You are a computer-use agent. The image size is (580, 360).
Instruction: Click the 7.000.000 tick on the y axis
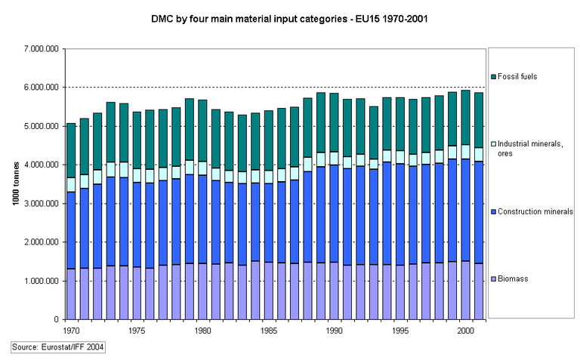pyautogui.click(x=38, y=49)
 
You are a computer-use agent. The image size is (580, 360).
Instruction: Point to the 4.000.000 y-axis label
pyautogui.click(x=38, y=165)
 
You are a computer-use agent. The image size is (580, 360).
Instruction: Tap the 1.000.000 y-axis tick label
pyautogui.click(x=38, y=281)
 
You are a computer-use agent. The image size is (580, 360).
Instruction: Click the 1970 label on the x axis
pyautogui.click(x=71, y=330)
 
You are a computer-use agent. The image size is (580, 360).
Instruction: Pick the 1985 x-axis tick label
pyautogui.click(x=267, y=330)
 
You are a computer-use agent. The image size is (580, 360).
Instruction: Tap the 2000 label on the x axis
pyautogui.click(x=464, y=330)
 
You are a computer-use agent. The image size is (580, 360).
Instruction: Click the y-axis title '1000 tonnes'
pyautogui.click(x=15, y=184)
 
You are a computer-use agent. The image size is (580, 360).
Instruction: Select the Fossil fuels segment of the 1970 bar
pyautogui.click(x=71, y=150)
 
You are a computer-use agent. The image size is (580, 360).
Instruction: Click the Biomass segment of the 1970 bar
pyautogui.click(x=71, y=294)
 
